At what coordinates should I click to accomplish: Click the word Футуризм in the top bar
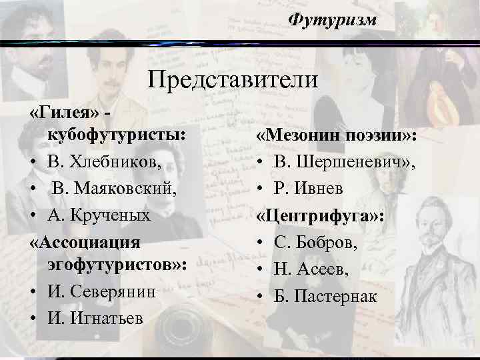tap(333, 20)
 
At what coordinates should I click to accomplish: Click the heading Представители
tap(233, 81)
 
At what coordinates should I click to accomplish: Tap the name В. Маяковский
tap(113, 188)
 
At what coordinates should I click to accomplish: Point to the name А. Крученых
tap(99, 215)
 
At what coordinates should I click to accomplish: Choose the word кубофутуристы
tap(115, 134)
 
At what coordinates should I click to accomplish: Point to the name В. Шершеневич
tap(344, 162)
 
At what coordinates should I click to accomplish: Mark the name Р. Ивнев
tap(309, 189)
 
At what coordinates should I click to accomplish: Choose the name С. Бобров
tap(315, 242)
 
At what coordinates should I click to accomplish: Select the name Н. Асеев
tap(311, 269)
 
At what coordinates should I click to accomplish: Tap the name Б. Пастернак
tap(325, 295)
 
